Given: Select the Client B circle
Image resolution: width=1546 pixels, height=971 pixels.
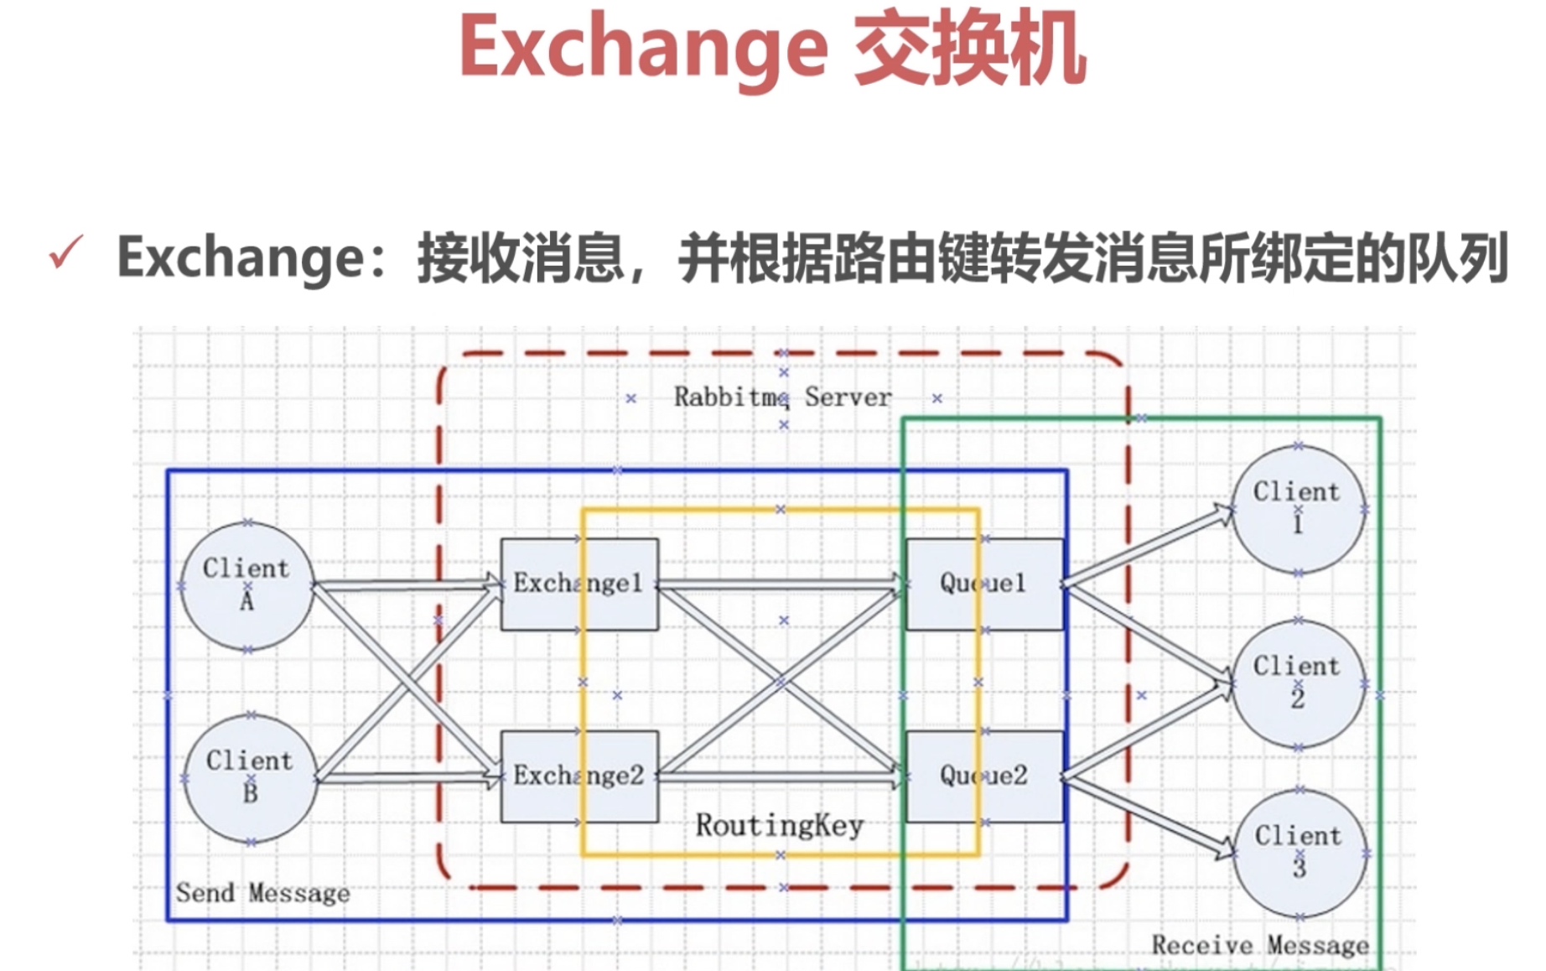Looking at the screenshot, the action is point(250,777).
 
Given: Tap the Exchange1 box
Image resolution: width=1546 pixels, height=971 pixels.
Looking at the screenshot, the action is point(579,584).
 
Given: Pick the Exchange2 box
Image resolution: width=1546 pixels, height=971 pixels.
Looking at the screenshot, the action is point(579,776).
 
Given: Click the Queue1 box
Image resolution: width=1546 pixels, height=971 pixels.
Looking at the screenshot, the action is point(984,584).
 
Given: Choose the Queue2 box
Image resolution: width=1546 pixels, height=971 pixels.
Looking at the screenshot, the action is point(984,776).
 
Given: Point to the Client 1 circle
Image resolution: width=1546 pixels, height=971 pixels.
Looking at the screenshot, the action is point(1298,509).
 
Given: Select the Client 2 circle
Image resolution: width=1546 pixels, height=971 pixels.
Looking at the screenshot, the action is point(1298,683).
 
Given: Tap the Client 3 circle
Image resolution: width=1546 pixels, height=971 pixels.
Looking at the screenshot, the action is point(1300,853).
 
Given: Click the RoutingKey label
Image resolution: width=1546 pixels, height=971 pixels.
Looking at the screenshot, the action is point(780,826).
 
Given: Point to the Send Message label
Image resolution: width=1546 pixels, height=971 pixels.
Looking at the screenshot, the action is point(262,893).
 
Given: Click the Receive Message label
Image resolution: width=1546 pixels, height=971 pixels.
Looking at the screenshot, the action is point(1260,946).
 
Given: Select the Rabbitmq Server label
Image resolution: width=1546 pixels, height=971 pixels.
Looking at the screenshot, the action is point(782,397).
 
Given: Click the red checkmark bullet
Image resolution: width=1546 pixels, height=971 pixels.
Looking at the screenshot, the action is point(66,252).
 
